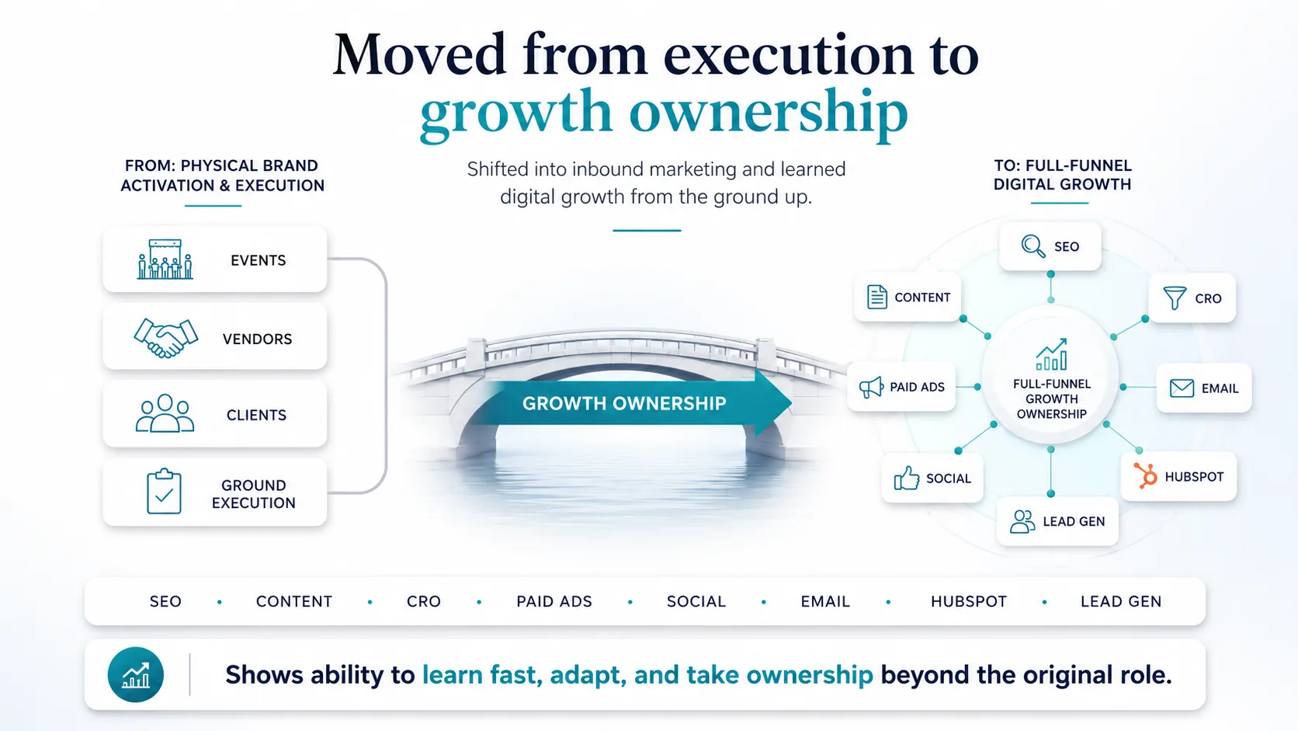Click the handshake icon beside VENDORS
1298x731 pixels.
[165, 338]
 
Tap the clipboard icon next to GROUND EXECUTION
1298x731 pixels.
[164, 491]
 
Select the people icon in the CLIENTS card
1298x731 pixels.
[165, 413]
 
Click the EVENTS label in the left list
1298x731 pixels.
[258, 260]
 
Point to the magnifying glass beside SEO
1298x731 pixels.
[1033, 246]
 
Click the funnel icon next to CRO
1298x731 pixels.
[1175, 298]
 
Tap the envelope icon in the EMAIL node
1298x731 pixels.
[1182, 388]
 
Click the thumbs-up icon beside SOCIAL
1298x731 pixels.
[906, 479]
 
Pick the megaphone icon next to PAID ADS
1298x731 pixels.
[871, 387]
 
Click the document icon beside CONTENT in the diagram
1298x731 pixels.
[876, 297]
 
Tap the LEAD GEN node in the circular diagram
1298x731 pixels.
[1057, 521]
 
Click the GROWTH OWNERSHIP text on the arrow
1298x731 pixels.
[624, 403]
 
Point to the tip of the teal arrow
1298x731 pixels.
[792, 402]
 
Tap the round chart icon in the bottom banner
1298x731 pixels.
[136, 675]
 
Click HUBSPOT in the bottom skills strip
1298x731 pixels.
[969, 602]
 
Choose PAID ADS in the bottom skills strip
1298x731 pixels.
[554, 602]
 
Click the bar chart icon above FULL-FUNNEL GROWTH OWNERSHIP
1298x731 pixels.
[1051, 354]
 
